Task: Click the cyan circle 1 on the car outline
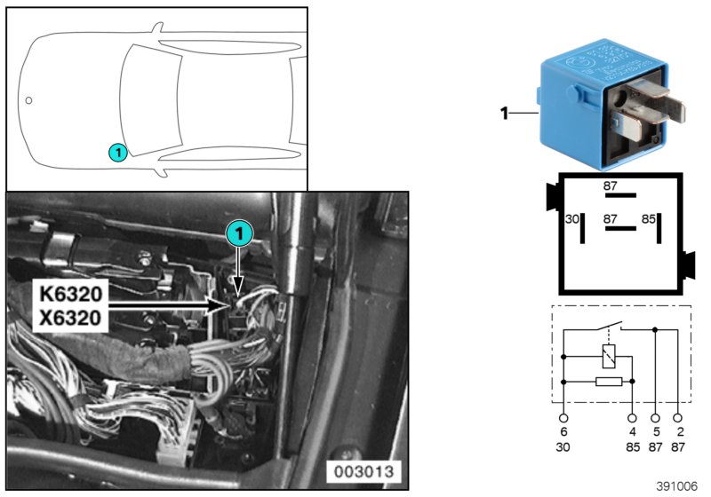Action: pyautogui.click(x=116, y=153)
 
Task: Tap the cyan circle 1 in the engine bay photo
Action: pyautogui.click(x=239, y=233)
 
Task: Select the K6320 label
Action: pyautogui.click(x=72, y=292)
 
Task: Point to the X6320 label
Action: pyautogui.click(x=72, y=317)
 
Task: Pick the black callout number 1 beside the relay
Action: pyautogui.click(x=503, y=114)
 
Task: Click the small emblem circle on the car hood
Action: pyautogui.click(x=28, y=100)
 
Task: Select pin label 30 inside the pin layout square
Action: pyautogui.click(x=572, y=217)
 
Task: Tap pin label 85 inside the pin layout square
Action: pyautogui.click(x=649, y=217)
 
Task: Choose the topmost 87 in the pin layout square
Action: pyautogui.click(x=611, y=185)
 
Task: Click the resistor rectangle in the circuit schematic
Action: pyautogui.click(x=607, y=382)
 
